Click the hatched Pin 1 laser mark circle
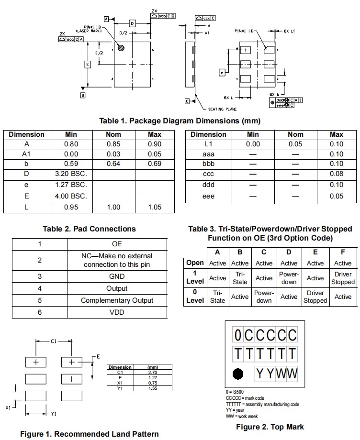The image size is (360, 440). [x=122, y=47]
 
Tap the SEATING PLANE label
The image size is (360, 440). [x=223, y=109]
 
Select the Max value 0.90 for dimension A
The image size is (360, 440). [x=154, y=144]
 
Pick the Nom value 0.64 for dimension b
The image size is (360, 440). [x=113, y=164]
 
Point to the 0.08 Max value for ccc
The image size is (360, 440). [x=337, y=174]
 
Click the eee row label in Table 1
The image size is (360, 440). [x=208, y=196]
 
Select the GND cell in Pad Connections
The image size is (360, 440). [x=117, y=276]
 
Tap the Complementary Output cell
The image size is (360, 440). [x=117, y=300]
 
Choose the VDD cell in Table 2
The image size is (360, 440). [x=117, y=312]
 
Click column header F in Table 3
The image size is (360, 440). [x=343, y=252]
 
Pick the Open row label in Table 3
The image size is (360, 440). [x=195, y=263]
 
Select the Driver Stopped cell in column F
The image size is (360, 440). [x=343, y=278]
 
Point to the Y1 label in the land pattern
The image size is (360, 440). [x=54, y=413]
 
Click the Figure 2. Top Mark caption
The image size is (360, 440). [x=270, y=427]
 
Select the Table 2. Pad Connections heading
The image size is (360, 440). [x=89, y=229]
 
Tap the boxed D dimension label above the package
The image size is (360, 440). [x=133, y=23]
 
